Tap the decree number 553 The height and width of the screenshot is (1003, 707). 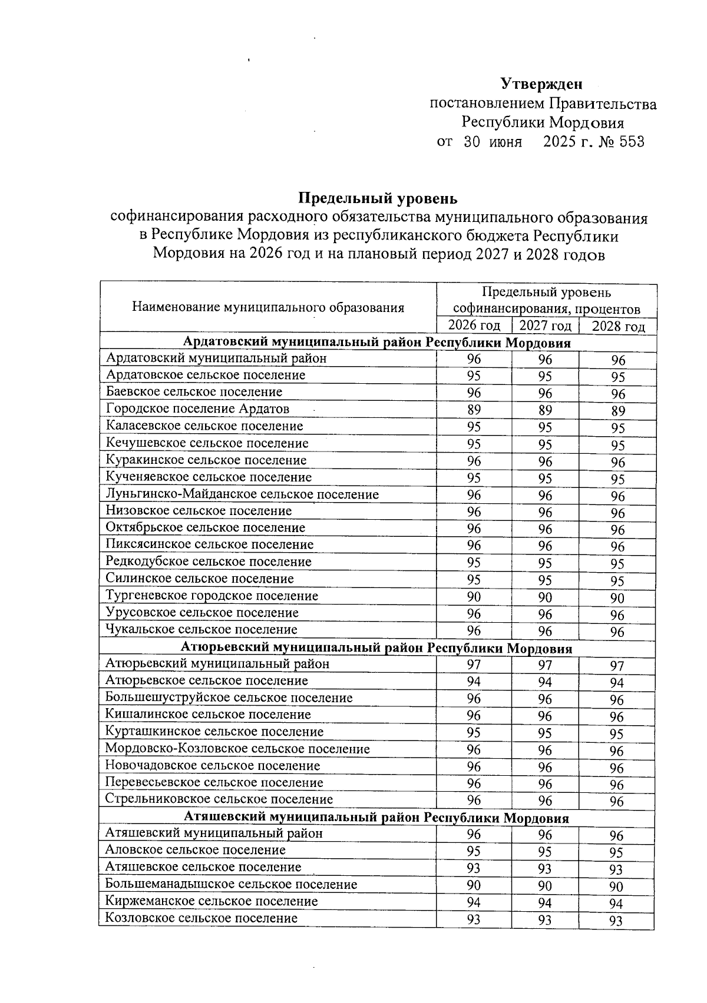tap(631, 142)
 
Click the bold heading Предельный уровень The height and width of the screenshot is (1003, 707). tap(377, 198)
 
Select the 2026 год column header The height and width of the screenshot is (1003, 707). tap(474, 326)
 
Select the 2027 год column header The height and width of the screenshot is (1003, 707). tap(545, 326)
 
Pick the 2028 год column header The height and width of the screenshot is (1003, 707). tap(617, 327)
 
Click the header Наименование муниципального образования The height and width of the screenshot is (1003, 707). tap(268, 307)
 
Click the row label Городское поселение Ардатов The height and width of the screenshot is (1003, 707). tap(197, 408)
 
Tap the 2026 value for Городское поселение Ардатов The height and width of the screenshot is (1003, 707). tap(474, 410)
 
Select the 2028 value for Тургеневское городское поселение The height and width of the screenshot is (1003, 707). tap(617, 599)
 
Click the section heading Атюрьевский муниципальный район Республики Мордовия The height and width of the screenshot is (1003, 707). tap(377, 649)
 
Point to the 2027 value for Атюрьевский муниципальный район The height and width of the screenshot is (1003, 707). tap(545, 665)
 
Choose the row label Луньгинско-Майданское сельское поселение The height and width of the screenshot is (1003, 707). tap(242, 494)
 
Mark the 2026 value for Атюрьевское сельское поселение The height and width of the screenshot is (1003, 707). tap(474, 682)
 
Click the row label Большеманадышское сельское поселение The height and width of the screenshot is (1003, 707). tap(231, 884)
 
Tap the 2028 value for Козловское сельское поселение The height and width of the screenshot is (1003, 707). tap(616, 921)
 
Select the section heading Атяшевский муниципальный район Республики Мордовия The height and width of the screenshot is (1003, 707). tap(377, 818)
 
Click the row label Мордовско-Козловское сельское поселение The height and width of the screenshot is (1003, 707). tap(237, 749)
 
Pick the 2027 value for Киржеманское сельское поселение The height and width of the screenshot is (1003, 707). tap(544, 903)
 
